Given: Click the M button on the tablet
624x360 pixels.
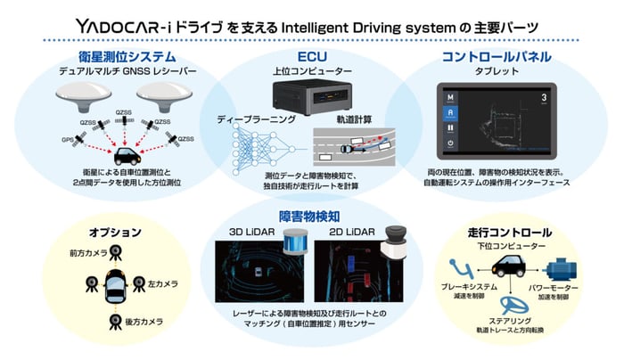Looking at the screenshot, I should pyautogui.click(x=452, y=96).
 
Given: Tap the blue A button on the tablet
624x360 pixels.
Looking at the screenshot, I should pyautogui.click(x=452, y=112).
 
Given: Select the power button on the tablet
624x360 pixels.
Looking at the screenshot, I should pyautogui.click(x=452, y=143).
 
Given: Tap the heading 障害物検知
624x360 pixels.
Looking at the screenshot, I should pyautogui.click(x=310, y=216).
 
